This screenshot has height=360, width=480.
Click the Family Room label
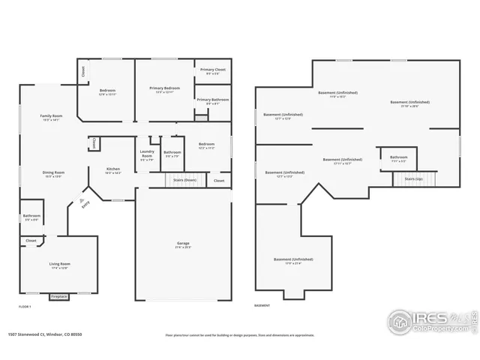[x=51, y=117]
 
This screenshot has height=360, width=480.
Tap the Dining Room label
[x=53, y=173]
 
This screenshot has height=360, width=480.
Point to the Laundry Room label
[x=147, y=154]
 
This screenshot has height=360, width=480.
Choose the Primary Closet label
[x=212, y=71]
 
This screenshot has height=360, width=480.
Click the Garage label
[x=183, y=244]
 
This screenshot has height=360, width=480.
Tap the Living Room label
[x=60, y=265]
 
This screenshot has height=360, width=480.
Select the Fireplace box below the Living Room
[x=59, y=297]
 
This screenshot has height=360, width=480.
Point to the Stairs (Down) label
[x=184, y=181]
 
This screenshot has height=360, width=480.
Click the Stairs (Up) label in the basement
[x=414, y=179]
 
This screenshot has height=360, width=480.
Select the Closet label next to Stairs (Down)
[x=219, y=181]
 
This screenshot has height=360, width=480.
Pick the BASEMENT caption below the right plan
[x=262, y=306]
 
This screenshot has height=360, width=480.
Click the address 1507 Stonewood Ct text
[x=44, y=335]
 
